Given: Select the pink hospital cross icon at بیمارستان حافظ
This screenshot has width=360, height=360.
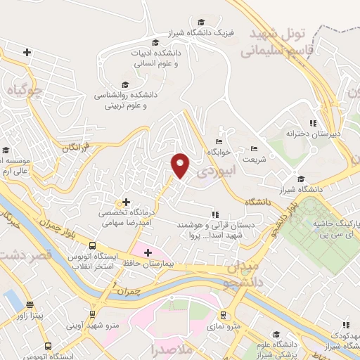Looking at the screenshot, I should coord(148,252).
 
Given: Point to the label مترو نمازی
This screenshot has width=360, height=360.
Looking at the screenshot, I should coord(225,326).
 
